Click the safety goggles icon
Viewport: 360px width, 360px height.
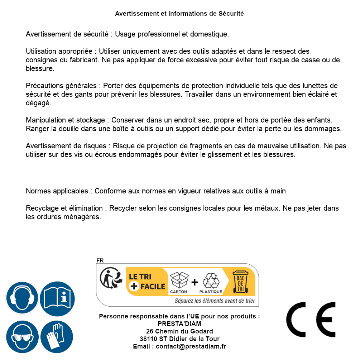[22, 337]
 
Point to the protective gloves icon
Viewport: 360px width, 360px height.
[57, 337]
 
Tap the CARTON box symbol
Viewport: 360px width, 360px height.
[179, 282]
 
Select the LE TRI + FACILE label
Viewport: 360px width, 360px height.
[147, 282]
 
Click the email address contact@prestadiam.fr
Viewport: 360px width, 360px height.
[191, 346]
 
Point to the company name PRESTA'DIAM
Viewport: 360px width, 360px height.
[179, 324]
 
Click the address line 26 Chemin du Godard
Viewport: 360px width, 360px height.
[179, 331]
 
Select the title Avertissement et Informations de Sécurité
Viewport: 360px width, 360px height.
[179, 14]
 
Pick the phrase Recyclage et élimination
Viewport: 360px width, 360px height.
[64, 208]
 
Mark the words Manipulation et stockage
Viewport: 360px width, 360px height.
[65, 120]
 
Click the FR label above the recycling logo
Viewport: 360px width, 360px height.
[100, 260]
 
